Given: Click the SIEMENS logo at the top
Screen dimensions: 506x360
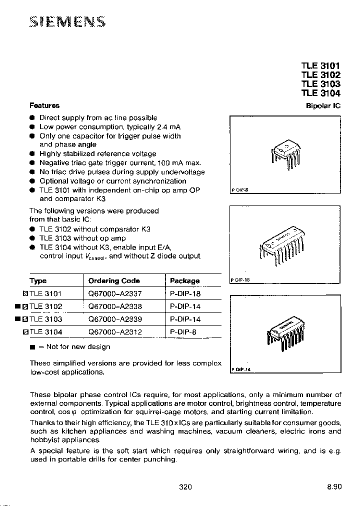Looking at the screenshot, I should (x=67, y=22).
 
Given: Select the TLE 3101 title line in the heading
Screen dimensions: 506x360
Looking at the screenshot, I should (x=320, y=65).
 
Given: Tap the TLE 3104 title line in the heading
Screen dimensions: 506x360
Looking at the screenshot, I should (x=320, y=93).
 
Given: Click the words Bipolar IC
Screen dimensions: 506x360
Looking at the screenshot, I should (x=323, y=106).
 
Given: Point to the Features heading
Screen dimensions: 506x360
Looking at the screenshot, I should (x=44, y=105).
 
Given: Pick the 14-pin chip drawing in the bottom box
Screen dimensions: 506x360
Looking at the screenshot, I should (x=285, y=332).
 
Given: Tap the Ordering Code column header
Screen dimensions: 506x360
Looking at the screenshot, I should (x=114, y=281).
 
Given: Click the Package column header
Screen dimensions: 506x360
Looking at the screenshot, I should (x=184, y=281).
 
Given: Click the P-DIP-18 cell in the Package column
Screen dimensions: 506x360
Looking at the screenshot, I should (x=185, y=294).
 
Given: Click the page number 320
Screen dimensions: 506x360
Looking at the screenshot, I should (x=185, y=486).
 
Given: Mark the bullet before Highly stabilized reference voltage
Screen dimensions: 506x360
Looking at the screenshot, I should (x=31, y=154).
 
